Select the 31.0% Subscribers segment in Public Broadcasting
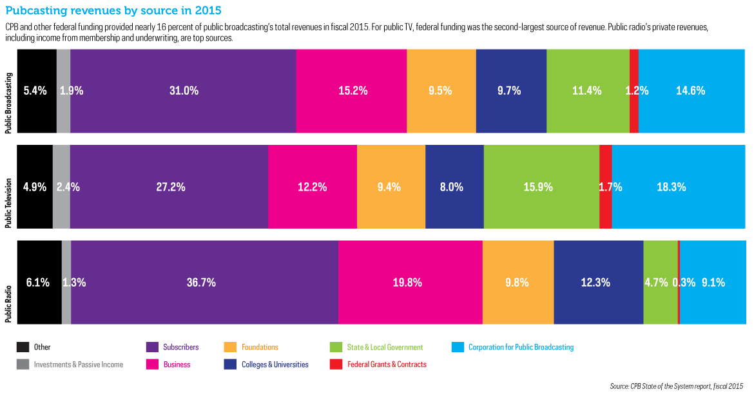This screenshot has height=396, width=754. pos(183,91)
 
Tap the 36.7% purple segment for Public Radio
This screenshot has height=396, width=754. pos(204,282)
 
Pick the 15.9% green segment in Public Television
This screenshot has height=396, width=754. pos(541,187)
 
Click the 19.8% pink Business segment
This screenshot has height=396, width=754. pos(410,282)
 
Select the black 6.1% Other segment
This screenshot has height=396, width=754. pos(39,282)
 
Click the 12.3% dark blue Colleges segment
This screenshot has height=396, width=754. pos(598,282)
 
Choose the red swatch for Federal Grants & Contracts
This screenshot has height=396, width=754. pos(335,364)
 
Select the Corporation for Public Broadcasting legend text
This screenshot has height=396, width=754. pos(521,348)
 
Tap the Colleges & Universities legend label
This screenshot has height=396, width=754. pos(275,364)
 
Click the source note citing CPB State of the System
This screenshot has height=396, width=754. pos(676,386)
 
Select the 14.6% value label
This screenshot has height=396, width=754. pos(690,91)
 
